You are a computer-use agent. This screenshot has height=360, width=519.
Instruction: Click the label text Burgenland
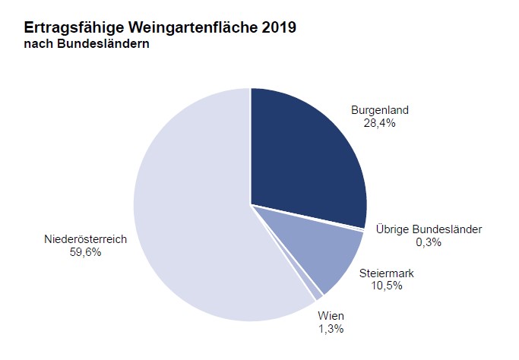pos(379,110)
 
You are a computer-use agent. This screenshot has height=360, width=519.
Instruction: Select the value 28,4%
pos(379,122)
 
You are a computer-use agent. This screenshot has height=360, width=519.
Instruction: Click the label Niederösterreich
pos(85,239)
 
